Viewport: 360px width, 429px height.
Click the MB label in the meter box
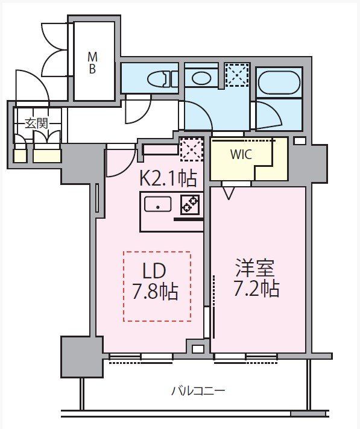click(x=93, y=62)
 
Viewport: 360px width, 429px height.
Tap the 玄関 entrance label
click(x=36, y=123)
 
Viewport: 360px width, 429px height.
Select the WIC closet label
click(x=241, y=154)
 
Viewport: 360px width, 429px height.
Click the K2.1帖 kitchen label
click(x=168, y=179)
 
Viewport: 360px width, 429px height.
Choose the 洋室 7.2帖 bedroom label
click(x=256, y=278)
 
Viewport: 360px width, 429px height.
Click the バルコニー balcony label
click(x=198, y=391)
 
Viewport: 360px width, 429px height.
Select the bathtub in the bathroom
click(x=278, y=83)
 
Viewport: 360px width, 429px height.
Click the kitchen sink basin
click(x=159, y=205)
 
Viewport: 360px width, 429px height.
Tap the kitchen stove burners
click(x=191, y=205)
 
